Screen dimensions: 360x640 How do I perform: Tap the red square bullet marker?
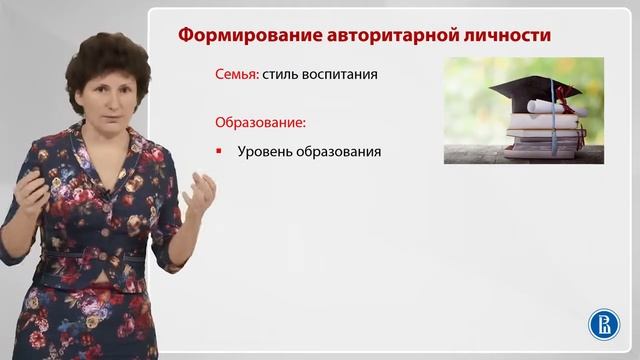coord(219,153)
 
